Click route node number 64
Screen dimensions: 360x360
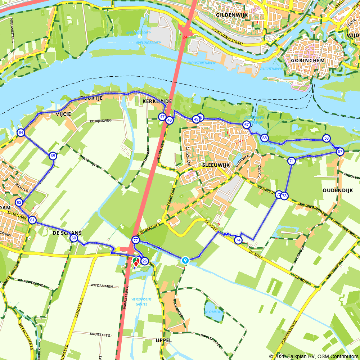[x=21, y=133]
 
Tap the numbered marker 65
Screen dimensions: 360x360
[x=53, y=156]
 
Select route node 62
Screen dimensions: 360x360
[x=19, y=202]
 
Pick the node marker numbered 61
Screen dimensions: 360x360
[x=32, y=220]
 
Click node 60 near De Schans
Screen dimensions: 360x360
[x=74, y=238]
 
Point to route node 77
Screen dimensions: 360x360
[x=136, y=240]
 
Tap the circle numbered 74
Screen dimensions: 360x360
[x=238, y=240]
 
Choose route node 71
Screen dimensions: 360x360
[x=292, y=161]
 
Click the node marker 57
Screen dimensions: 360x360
[x=340, y=152]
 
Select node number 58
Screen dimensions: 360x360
[x=327, y=138]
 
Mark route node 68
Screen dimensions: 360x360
[x=265, y=138]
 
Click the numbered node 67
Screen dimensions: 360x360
[x=247, y=125]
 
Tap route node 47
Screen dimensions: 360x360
[x=162, y=117]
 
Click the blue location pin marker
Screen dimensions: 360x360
[x=185, y=260]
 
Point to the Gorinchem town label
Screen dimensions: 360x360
[x=307, y=60]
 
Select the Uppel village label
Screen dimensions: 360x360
[x=164, y=340]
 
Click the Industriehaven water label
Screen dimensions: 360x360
[x=202, y=63]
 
